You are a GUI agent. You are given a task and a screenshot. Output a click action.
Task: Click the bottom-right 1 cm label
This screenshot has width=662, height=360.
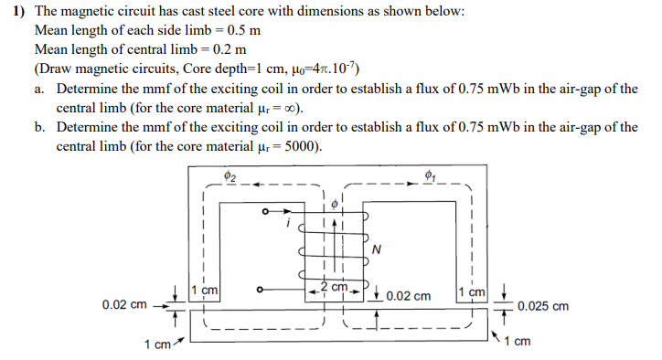(x=518, y=343)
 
